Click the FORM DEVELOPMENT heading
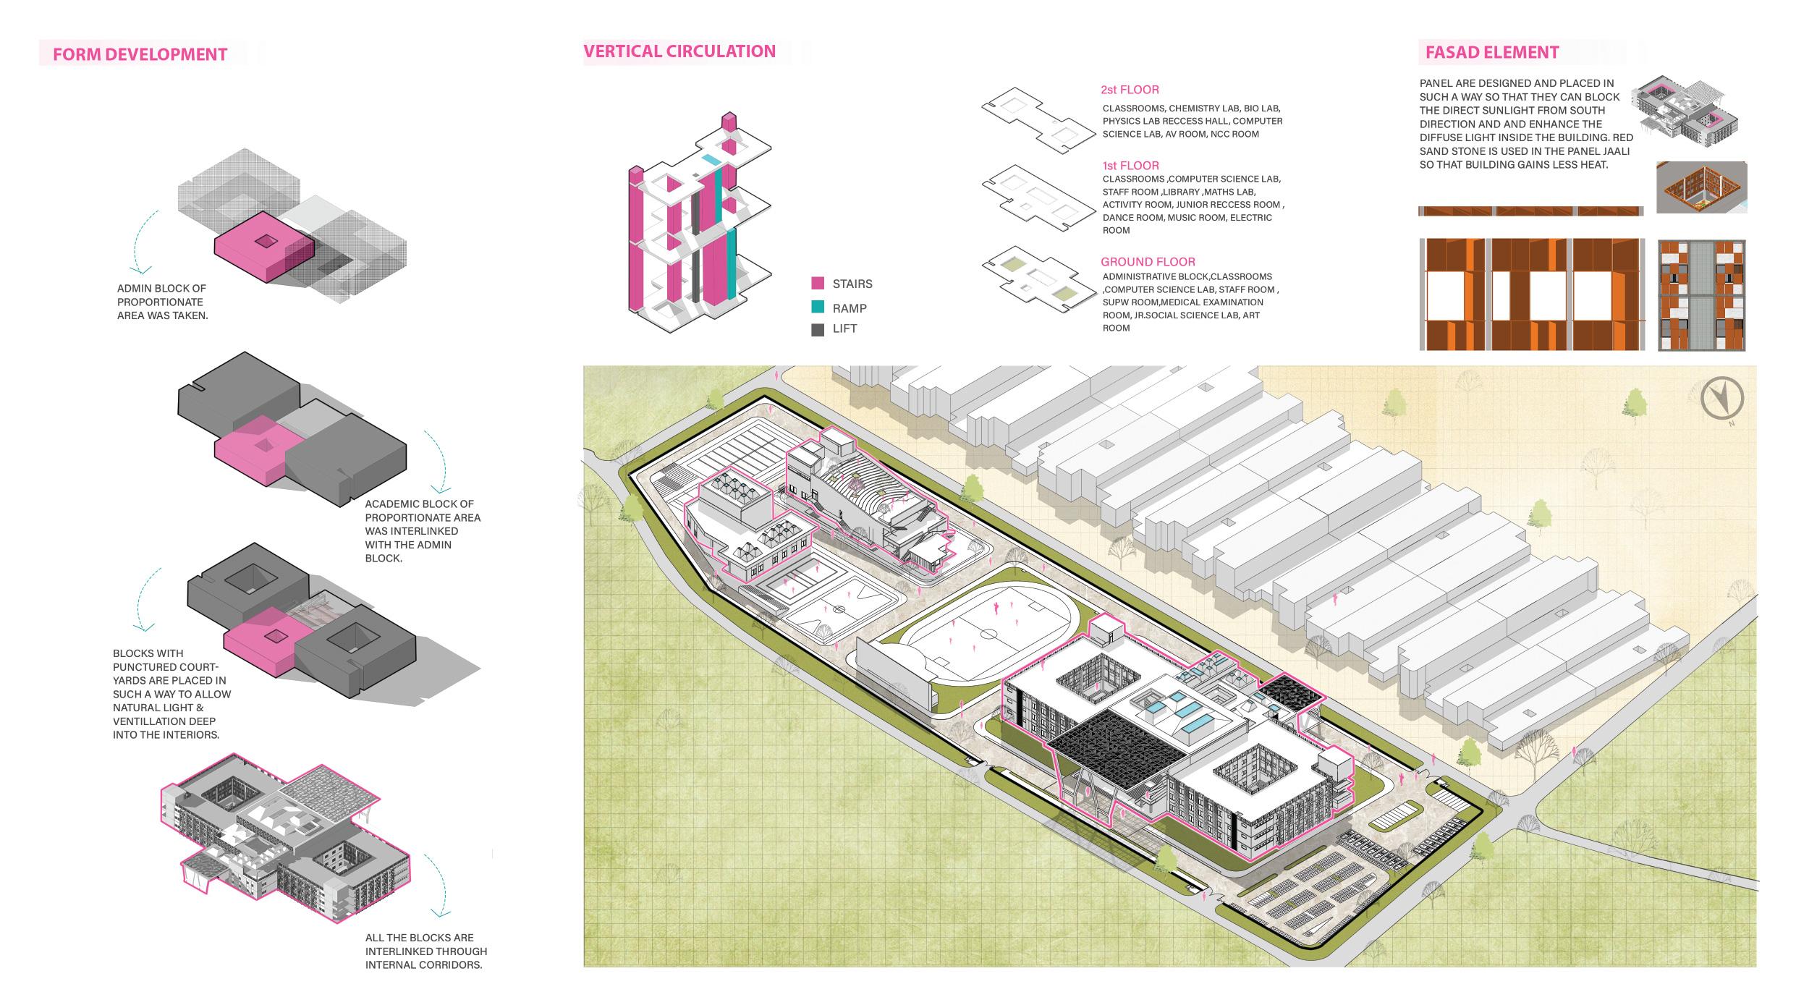click(x=140, y=54)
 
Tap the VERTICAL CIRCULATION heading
click(x=679, y=51)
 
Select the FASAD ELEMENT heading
click(x=1491, y=52)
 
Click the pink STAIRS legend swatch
click(x=818, y=284)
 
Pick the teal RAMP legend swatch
click(x=818, y=308)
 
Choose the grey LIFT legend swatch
click(x=818, y=329)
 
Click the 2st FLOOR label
click(x=1130, y=90)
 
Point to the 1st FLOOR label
click(x=1130, y=166)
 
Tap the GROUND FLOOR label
click(x=1148, y=262)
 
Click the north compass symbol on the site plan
click(x=1721, y=398)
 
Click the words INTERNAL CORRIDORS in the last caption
click(x=423, y=964)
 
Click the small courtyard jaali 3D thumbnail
click(x=1700, y=187)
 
